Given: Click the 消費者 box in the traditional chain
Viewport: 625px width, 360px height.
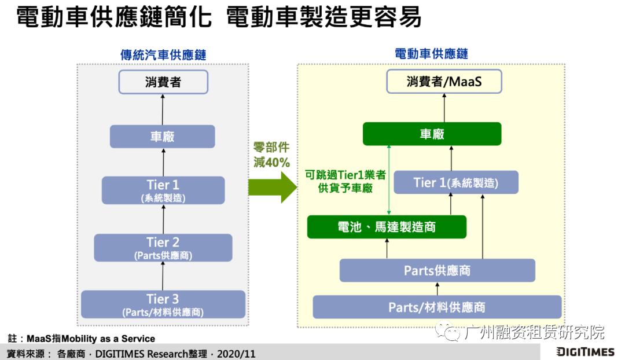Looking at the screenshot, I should pos(163,82).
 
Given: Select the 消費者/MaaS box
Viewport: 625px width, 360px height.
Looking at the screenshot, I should pos(444,82).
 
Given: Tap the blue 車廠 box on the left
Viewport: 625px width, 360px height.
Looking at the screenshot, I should pos(163,137).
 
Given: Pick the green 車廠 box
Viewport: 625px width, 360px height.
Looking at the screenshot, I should pos(432,134).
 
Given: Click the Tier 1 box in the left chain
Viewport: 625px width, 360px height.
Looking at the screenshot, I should pos(163,190).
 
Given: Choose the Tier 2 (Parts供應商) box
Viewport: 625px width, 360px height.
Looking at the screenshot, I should pos(163,248).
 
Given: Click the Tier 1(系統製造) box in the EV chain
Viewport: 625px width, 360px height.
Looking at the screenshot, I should pos(456,182).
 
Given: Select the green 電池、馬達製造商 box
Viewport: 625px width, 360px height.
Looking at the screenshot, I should pos(387,227).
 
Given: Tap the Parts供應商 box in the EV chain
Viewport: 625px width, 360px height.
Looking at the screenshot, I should pos(437,270).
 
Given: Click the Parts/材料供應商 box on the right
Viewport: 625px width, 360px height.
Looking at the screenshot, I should pos(437,307).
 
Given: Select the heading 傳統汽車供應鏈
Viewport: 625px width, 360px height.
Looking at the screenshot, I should pos(163,54).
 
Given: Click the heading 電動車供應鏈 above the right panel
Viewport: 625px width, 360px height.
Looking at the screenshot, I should pos(431,54).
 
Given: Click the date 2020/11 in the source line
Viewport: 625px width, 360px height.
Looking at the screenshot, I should pos(236,353).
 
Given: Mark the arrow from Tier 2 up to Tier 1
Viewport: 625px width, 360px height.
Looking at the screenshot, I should pos(163,219).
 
